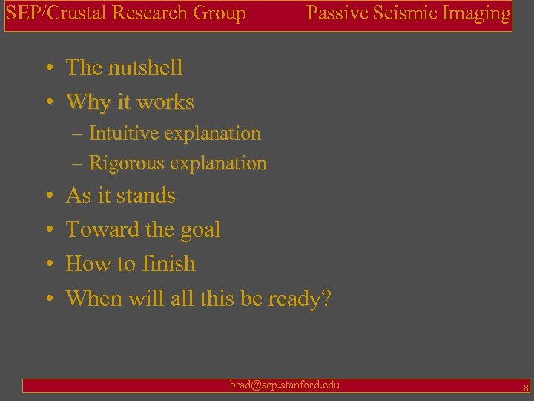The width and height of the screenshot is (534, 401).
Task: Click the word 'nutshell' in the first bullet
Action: tap(145, 68)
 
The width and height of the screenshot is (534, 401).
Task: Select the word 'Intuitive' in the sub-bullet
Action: tap(121, 134)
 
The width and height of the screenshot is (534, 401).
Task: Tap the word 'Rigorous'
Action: tap(122, 163)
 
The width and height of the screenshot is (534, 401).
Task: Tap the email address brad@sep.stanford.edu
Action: tap(285, 385)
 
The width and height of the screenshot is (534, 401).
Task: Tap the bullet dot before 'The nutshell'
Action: tap(47, 68)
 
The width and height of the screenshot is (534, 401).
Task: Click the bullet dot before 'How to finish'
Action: tap(47, 264)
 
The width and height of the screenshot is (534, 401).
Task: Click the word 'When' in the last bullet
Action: tap(92, 299)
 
